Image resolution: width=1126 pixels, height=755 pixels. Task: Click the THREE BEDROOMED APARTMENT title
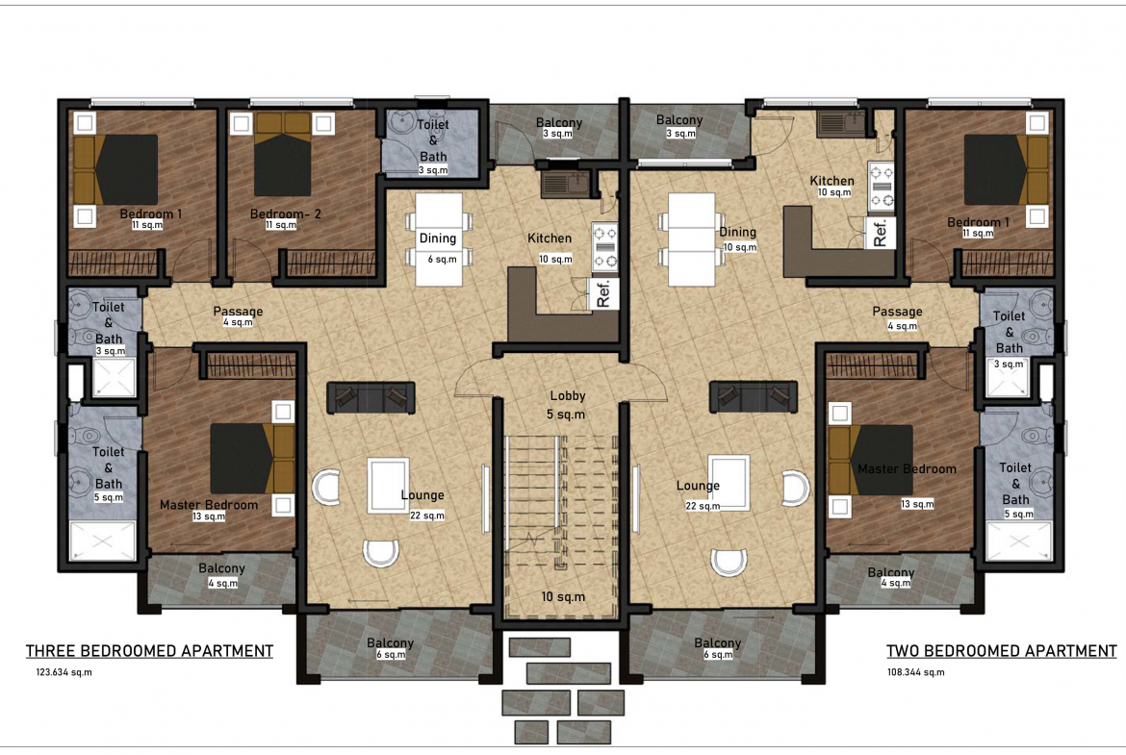pyautogui.click(x=149, y=651)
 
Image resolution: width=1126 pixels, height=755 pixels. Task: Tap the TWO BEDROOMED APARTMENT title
pyautogui.click(x=1001, y=651)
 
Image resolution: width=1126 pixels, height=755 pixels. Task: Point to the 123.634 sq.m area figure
pyautogui.click(x=64, y=672)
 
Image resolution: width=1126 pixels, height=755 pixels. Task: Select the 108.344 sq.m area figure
pyautogui.click(x=915, y=672)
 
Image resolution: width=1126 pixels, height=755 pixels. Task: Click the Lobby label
pyautogui.click(x=567, y=395)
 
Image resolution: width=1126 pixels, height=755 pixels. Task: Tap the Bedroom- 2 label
pyautogui.click(x=285, y=214)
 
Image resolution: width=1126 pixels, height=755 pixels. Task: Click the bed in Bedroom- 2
pyautogui.click(x=283, y=154)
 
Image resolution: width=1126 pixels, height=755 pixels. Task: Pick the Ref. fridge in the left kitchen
pyautogui.click(x=603, y=292)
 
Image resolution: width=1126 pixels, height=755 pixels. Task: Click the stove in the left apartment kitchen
pyautogui.click(x=604, y=247)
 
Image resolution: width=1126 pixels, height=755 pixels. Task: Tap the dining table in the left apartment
pyautogui.click(x=438, y=239)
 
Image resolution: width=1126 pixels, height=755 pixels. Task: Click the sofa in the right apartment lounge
pyautogui.click(x=754, y=397)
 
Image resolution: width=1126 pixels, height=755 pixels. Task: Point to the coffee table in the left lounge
pyautogui.click(x=388, y=486)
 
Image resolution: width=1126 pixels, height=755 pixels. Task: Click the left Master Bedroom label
pyautogui.click(x=208, y=505)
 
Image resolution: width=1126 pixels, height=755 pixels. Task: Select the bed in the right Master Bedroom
pyautogui.click(x=870, y=460)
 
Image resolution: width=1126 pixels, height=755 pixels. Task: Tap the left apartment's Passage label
pyautogui.click(x=238, y=312)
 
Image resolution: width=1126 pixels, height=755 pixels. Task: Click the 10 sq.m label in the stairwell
pyautogui.click(x=563, y=596)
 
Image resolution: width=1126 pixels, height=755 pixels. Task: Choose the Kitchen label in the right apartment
pyautogui.click(x=832, y=181)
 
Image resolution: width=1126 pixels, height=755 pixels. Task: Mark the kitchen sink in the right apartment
pyautogui.click(x=841, y=124)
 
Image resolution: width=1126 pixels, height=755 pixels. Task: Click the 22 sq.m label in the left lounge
pyautogui.click(x=427, y=516)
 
